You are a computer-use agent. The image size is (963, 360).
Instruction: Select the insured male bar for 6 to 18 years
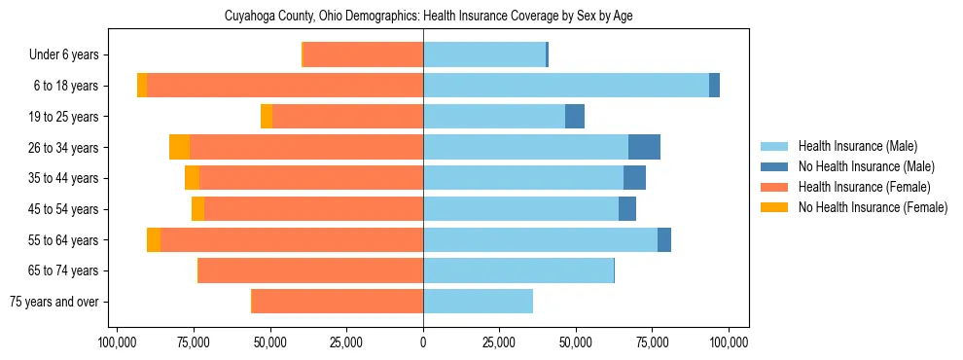(566, 86)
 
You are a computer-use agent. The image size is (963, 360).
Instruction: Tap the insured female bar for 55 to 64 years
(292, 240)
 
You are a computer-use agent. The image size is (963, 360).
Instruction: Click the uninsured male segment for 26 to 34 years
(644, 147)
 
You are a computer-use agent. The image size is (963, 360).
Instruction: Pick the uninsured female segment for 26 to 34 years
(179, 147)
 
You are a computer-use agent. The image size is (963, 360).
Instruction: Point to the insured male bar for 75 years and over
(478, 302)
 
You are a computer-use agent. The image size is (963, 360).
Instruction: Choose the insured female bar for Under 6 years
(363, 55)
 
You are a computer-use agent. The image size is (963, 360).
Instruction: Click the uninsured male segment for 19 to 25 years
(575, 117)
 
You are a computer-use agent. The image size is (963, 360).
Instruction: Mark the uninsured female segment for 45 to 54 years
(197, 209)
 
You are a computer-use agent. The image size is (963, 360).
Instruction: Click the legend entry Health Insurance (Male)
(857, 146)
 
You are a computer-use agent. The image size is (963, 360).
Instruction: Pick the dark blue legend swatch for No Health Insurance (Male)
(774, 166)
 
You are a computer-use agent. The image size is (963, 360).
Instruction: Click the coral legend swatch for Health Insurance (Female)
(774, 187)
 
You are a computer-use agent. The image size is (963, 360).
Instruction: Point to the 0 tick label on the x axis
(423, 342)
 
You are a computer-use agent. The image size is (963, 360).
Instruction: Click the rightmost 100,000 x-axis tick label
(729, 342)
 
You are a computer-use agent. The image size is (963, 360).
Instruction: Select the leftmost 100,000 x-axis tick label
(117, 342)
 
